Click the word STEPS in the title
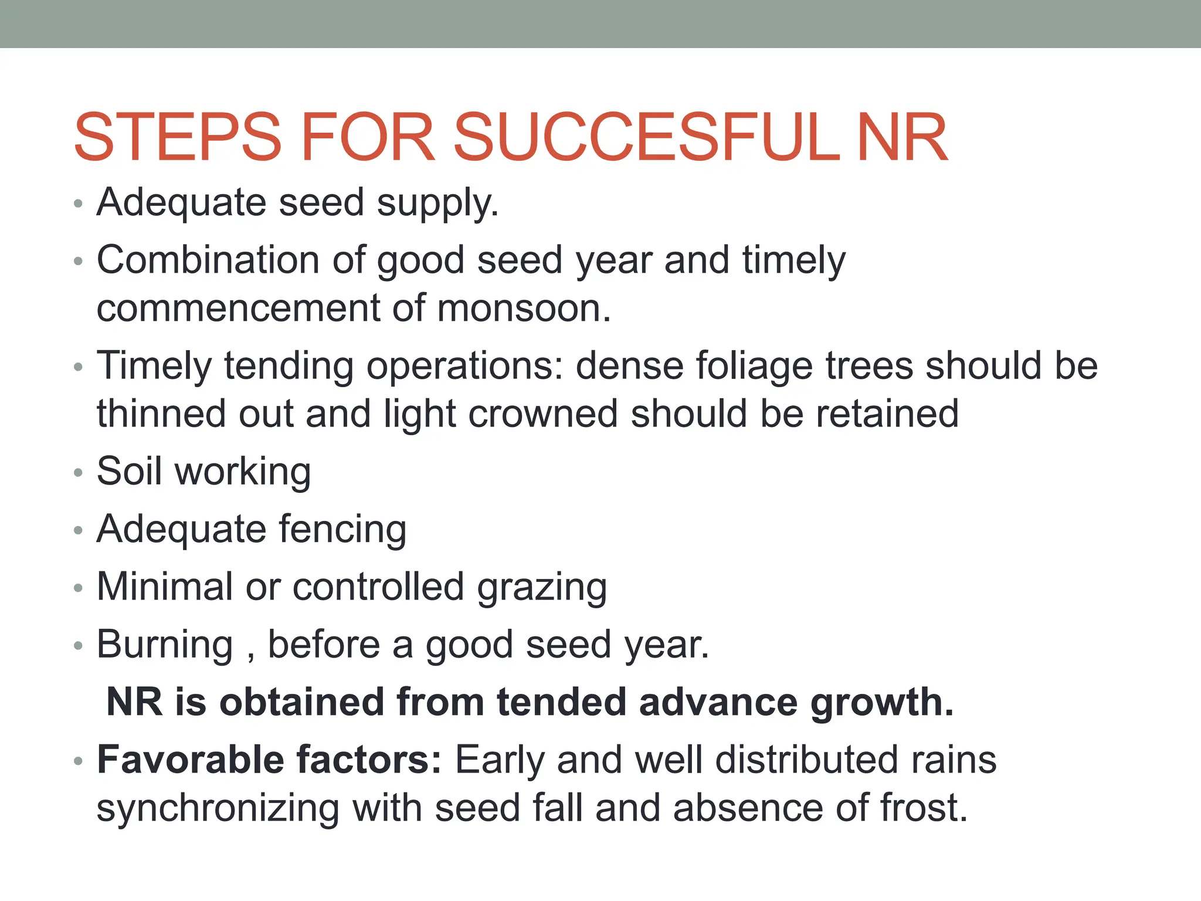[x=178, y=138]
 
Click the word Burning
[x=165, y=645]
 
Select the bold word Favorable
[x=191, y=760]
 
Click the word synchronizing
[x=218, y=808]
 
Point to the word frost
[x=919, y=808]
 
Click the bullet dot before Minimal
[x=79, y=588]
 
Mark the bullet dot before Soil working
[x=79, y=472]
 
